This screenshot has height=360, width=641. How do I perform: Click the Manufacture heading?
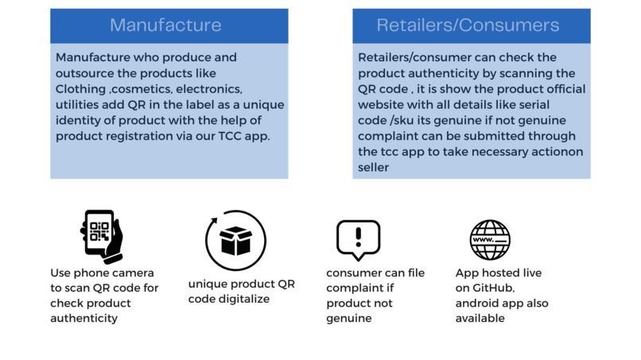165,25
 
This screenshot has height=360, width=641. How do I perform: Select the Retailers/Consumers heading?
468,25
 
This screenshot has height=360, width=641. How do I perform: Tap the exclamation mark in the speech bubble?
358,236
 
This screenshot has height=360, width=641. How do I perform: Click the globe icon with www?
489,239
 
